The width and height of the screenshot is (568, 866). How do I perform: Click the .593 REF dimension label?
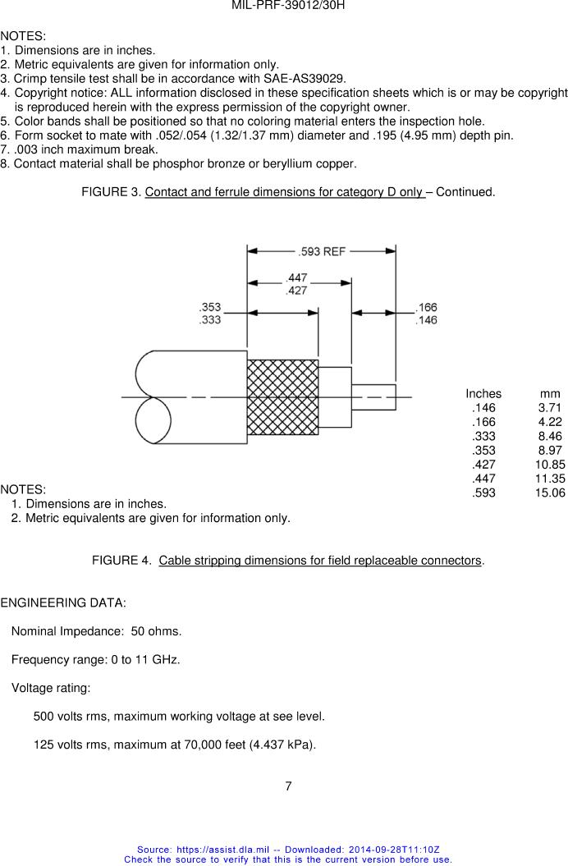tap(322, 252)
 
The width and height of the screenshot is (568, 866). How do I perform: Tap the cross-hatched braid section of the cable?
tap(282, 396)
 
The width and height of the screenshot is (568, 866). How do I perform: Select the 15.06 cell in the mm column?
tap(549, 493)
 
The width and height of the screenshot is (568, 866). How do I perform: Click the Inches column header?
tap(483, 394)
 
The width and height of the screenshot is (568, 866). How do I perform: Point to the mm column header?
tap(550, 394)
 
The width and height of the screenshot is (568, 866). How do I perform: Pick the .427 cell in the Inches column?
tap(483, 465)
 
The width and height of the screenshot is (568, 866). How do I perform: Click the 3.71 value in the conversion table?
tap(550, 408)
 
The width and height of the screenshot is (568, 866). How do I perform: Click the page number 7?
tap(288, 786)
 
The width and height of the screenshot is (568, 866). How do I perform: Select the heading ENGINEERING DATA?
tap(63, 603)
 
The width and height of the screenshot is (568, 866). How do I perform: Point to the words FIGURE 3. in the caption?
tap(110, 192)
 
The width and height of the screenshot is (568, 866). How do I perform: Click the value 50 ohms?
tap(155, 631)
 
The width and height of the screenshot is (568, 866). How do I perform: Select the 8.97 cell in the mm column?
tap(550, 451)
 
